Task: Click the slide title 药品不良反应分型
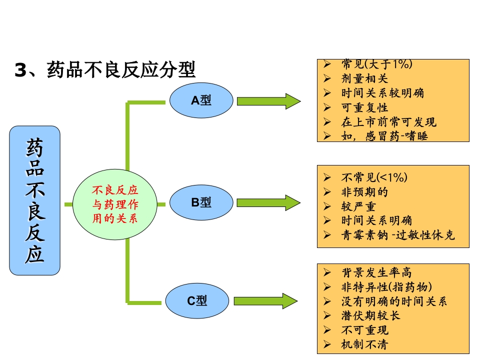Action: click(x=105, y=70)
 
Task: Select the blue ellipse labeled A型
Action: click(x=201, y=100)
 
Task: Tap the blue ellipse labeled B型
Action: click(x=201, y=202)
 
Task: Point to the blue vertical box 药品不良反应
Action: click(x=34, y=200)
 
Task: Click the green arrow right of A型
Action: click(x=268, y=101)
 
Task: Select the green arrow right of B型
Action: click(x=268, y=202)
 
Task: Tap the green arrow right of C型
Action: click(x=265, y=301)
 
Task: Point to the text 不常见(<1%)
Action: click(x=374, y=177)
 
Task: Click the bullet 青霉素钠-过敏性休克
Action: click(x=398, y=235)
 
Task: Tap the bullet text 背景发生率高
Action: click(x=376, y=272)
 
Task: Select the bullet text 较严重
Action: click(x=358, y=206)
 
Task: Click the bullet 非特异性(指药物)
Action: click(x=386, y=287)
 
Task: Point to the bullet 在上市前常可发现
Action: click(x=388, y=122)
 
